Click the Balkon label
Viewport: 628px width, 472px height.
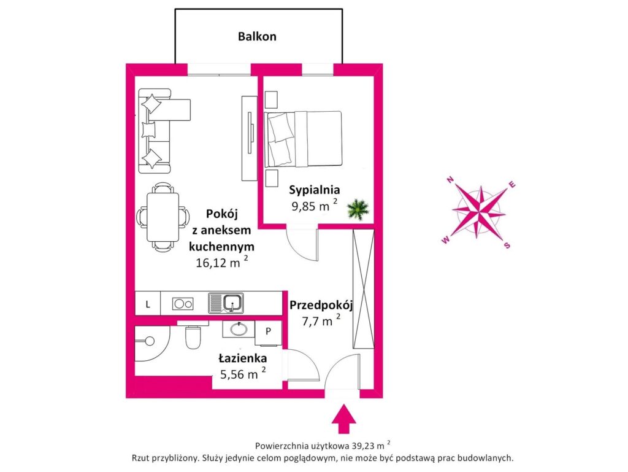click(257, 36)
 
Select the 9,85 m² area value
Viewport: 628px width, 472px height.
click(314, 206)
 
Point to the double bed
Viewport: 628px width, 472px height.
click(302, 139)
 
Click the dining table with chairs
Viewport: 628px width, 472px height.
click(163, 217)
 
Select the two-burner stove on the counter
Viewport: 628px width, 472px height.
click(183, 303)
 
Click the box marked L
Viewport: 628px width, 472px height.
click(148, 303)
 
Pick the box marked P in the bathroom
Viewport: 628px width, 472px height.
click(268, 330)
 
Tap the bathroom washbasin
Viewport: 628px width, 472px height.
click(239, 330)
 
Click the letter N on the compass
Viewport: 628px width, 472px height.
click(450, 179)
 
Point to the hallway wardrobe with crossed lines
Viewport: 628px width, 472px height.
click(362, 288)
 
